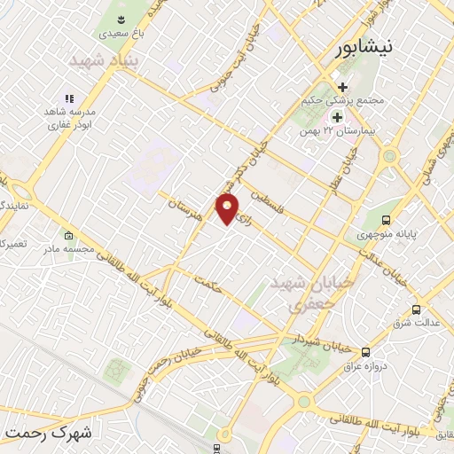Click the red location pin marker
[228, 209]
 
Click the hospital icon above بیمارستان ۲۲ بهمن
[338, 117]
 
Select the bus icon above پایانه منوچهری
[386, 220]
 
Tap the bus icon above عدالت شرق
[416, 310]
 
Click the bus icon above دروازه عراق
[366, 352]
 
